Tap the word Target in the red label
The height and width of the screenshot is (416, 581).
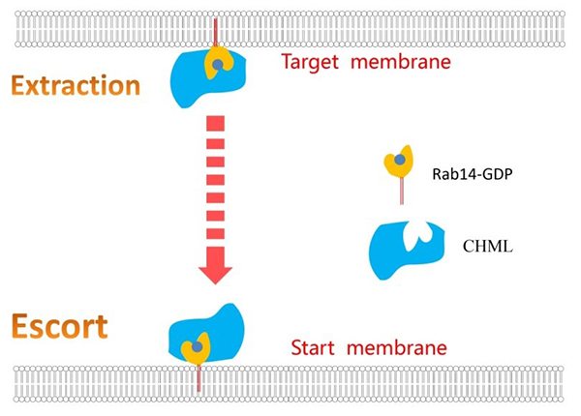pyautogui.click(x=305, y=65)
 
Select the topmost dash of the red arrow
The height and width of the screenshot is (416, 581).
pyautogui.click(x=215, y=122)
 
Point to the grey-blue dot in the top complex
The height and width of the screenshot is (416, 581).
pyautogui.click(x=219, y=65)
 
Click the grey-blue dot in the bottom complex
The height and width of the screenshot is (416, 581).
pyautogui.click(x=199, y=345)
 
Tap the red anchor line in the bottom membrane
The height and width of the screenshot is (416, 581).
pyautogui.click(x=199, y=380)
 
